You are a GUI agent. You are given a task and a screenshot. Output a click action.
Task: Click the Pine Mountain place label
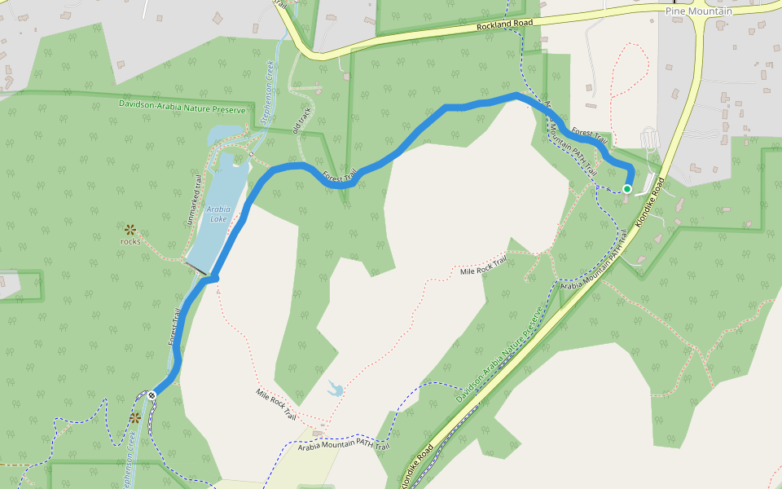[x=699, y=11]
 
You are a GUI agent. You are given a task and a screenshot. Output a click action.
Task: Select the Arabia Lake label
[x=217, y=214]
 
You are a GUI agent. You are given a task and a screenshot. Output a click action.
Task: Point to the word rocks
[x=130, y=241]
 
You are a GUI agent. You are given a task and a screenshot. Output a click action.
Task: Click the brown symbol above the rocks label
[x=130, y=229]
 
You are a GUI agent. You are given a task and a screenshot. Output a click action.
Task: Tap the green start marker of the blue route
[x=627, y=189]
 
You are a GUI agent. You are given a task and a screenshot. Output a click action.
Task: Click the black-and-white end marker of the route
[x=152, y=395]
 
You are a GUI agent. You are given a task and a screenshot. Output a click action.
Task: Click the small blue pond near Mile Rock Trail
[x=334, y=388]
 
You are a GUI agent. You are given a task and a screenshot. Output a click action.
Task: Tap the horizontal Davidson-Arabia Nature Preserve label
[x=182, y=105]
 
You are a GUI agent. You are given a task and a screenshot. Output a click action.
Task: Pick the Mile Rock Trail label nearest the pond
[x=275, y=403]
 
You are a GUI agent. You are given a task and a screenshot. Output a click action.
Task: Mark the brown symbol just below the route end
[x=135, y=418]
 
